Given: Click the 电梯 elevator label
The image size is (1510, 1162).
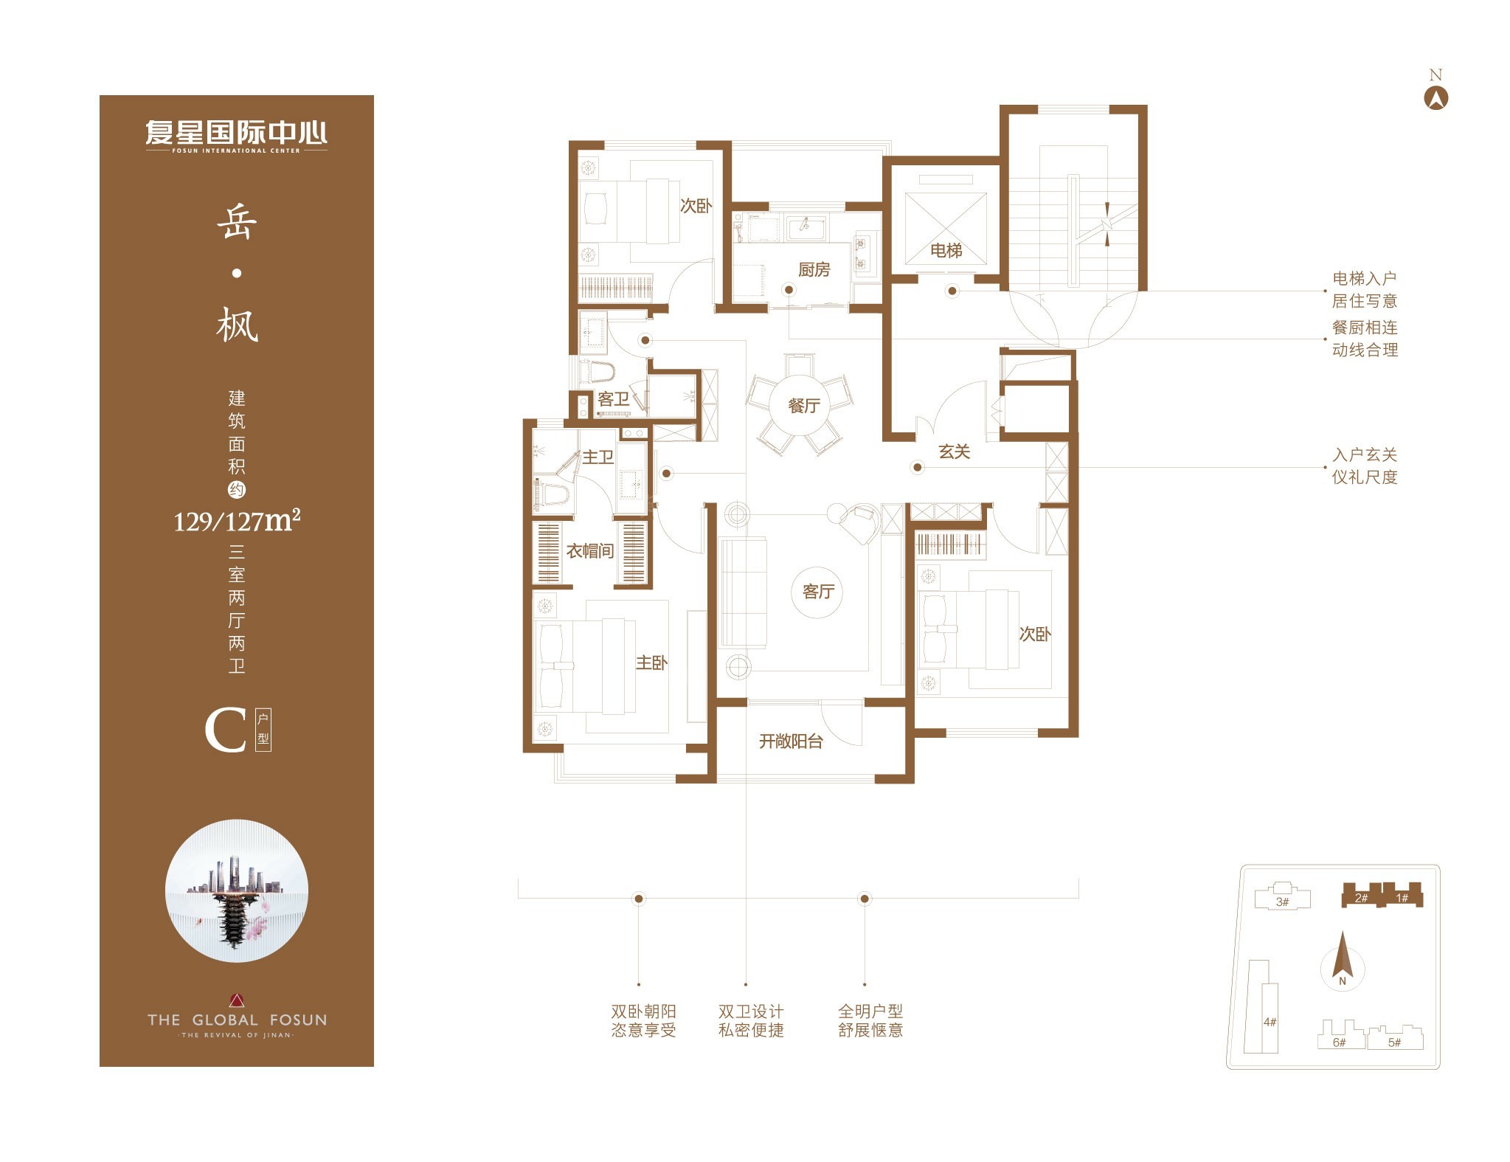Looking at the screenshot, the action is (x=946, y=251).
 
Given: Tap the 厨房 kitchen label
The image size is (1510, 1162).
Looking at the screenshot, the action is (x=814, y=270).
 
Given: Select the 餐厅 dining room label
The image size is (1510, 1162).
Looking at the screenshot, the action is (x=803, y=406).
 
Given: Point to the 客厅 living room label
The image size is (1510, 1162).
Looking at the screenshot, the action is (x=818, y=592).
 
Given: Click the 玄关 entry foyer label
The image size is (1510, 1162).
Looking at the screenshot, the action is (x=954, y=452).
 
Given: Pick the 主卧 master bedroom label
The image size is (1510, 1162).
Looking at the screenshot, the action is (x=651, y=663).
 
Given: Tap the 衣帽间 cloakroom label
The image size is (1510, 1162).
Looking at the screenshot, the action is (x=590, y=551).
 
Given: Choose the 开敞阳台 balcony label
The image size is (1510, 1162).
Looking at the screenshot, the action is (x=791, y=741).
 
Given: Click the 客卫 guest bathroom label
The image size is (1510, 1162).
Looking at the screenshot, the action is (x=613, y=399).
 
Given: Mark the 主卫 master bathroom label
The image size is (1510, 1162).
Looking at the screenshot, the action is (x=598, y=457).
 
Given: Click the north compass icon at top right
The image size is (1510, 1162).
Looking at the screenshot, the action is (x=1435, y=98).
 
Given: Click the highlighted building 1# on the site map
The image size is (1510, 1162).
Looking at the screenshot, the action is (x=1402, y=895).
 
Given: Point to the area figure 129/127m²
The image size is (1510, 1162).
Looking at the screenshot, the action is (x=237, y=520).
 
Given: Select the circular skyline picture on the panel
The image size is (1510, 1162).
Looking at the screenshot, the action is (x=237, y=890).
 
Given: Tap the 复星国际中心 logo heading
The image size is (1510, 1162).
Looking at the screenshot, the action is (x=237, y=134).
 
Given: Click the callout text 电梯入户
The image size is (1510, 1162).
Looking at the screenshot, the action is (x=1364, y=279).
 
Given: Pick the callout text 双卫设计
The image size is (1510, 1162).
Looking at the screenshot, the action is (x=751, y=1011).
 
